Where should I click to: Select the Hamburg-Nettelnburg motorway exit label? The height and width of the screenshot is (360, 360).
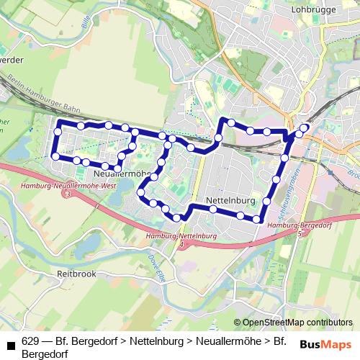tap(180, 236)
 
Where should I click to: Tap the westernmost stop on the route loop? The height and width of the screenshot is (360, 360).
tap(55, 156)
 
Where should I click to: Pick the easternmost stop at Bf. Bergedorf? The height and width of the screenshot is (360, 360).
tap(305, 128)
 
